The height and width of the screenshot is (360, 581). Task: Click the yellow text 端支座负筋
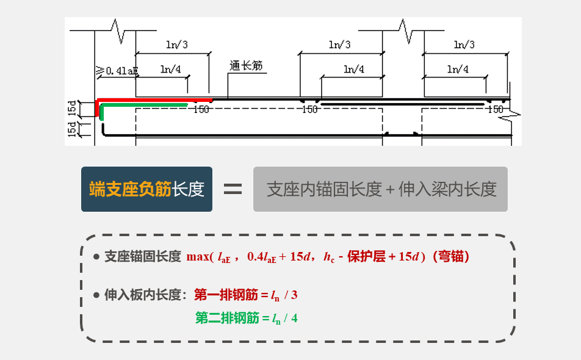click(129, 189)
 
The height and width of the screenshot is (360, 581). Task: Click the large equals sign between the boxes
click(233, 189)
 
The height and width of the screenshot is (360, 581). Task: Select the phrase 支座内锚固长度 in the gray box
click(324, 189)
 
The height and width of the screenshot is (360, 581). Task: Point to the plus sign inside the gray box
click(391, 190)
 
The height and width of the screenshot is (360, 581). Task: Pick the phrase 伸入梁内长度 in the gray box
click(447, 189)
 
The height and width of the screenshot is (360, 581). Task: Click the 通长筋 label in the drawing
click(247, 65)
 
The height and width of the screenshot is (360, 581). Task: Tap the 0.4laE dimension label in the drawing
click(121, 71)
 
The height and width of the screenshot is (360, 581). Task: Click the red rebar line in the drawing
click(153, 99)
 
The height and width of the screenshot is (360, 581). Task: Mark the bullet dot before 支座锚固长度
click(96, 257)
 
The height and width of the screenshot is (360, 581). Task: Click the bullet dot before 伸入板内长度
click(96, 295)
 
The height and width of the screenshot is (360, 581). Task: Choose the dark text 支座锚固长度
click(143, 257)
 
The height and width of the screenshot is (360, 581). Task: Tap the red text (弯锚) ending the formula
click(451, 257)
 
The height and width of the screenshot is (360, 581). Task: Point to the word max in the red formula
click(198, 257)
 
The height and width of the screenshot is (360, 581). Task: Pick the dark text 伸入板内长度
click(143, 295)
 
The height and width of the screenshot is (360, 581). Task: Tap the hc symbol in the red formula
click(329, 257)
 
